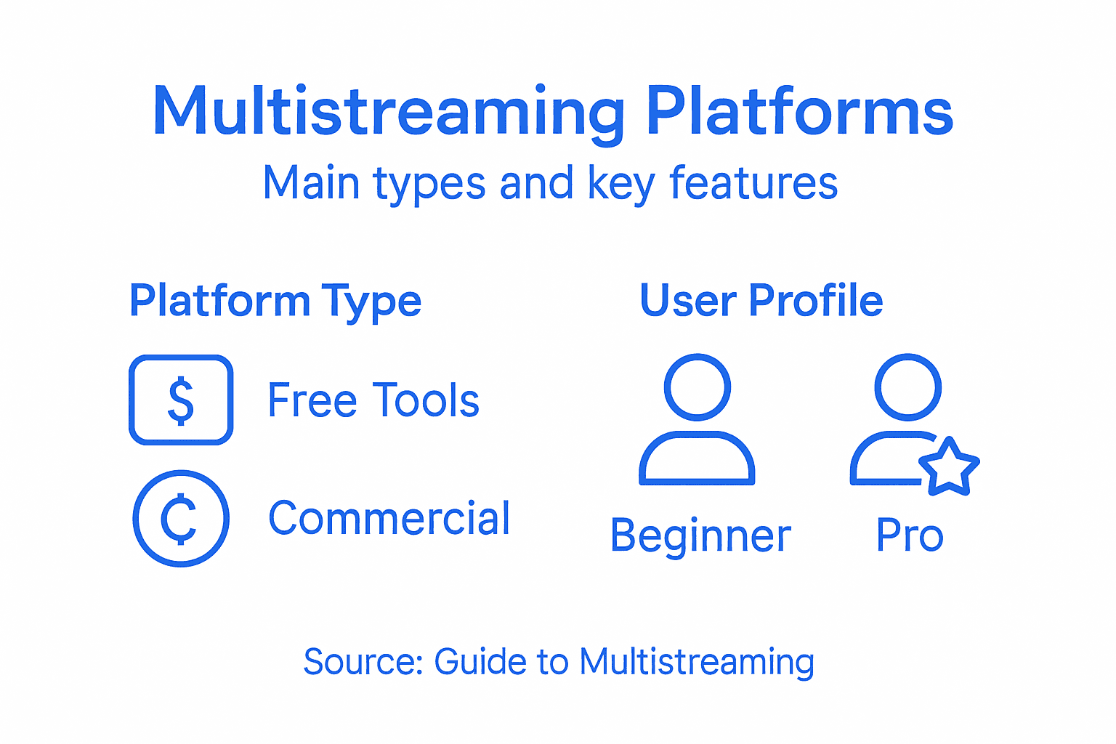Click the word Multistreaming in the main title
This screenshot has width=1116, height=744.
coord(389,113)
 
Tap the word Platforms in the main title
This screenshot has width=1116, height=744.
coord(799,113)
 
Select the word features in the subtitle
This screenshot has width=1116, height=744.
coord(753,182)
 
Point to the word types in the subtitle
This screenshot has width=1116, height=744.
coord(429,184)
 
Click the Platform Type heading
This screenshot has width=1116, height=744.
coord(275,301)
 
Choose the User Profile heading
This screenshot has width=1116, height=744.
coord(761,300)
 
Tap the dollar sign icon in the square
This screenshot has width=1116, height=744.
coord(181,400)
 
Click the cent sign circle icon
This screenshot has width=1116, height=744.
coord(181,519)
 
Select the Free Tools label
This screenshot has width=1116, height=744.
coord(373,400)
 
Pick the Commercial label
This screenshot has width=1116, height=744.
coord(389,519)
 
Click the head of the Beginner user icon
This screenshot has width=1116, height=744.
coord(697,387)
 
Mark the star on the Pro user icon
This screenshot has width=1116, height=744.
coord(949,467)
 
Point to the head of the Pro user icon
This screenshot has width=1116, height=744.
coord(908,387)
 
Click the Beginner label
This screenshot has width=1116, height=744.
coord(700,536)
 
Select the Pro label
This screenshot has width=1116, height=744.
coord(910,536)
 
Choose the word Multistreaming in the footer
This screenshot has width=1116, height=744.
coord(696,662)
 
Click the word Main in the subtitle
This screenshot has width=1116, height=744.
coord(311,182)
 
